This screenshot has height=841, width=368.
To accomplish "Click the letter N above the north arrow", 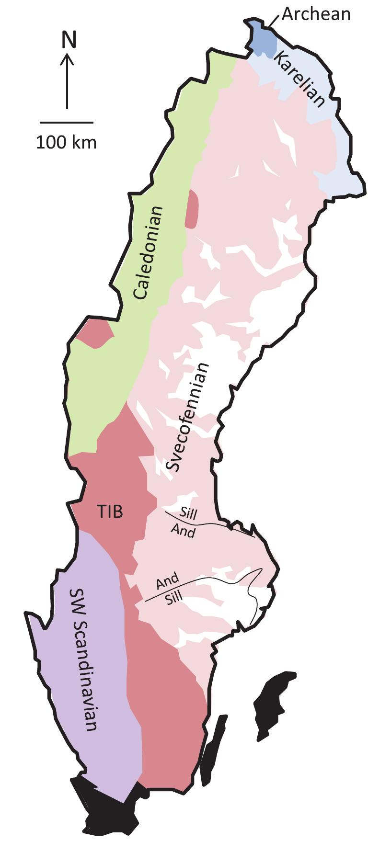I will (69, 40).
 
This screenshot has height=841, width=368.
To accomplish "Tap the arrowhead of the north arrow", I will (68, 58).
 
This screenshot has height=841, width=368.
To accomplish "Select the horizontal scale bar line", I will (67, 122).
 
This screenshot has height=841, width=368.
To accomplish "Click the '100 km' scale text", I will (67, 142).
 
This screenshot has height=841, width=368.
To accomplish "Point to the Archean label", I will (316, 14).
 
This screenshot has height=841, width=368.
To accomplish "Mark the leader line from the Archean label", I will (274, 22).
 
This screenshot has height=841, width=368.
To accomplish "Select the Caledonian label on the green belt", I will (149, 253).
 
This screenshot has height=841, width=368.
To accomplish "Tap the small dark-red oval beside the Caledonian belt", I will (193, 209).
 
